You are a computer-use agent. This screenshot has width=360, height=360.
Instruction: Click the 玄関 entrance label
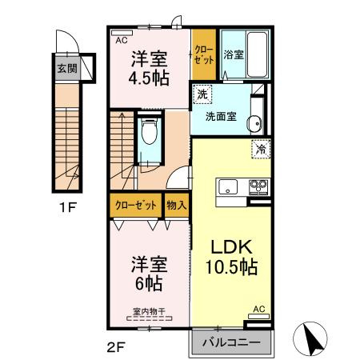pos(66,69)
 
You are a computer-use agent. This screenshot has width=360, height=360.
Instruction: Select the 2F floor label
pos(117,347)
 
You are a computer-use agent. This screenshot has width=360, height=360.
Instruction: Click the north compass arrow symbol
pos(314,337)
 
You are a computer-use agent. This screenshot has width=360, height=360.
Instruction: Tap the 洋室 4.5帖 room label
pos(149,69)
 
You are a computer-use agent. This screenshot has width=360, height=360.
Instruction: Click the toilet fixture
pos(149,137)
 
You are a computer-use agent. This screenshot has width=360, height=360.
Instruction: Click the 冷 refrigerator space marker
pos(261,149)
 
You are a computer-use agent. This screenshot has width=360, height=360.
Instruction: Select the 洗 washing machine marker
pos(205,94)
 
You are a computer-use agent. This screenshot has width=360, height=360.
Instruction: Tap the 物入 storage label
pos(176,206)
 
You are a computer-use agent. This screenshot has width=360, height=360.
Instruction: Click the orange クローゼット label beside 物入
pos(135,206)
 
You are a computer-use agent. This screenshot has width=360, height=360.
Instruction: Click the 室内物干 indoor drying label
pos(149,313)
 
